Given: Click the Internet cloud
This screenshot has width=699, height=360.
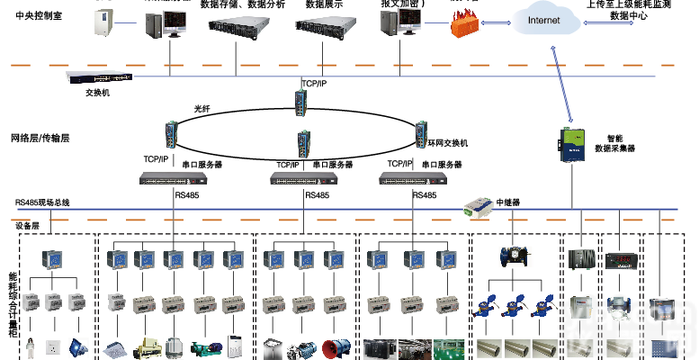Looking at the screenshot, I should (543, 21).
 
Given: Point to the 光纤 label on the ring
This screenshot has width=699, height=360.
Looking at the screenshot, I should (202, 109).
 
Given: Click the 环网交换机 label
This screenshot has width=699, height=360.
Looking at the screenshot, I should (447, 142).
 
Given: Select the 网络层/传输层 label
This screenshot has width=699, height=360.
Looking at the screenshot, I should (40, 139).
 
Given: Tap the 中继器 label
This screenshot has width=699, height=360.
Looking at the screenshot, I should (509, 202).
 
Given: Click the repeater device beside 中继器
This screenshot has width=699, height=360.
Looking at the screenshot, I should (474, 209).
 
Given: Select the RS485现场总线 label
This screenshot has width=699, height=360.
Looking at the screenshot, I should (41, 202).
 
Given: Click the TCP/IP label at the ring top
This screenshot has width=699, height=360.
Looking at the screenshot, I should (314, 84).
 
